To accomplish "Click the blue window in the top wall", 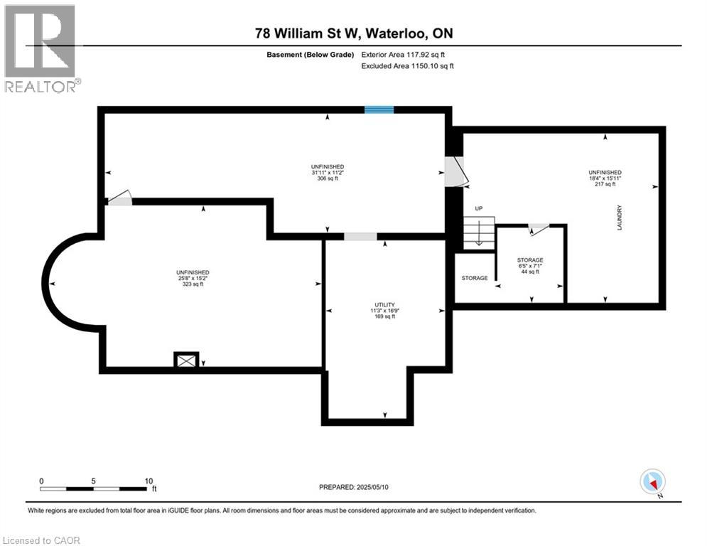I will pos(379,109).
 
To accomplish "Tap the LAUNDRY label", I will pos(620,216).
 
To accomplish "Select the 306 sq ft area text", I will pos(328,178).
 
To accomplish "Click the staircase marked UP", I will pos(479,232).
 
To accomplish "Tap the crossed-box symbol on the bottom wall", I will pos(187,360).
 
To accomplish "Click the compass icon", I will pos(652,482).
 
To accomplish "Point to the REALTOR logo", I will pos(41,48).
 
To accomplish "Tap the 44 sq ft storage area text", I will pos(530,272).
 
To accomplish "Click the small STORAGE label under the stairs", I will pos(475,278).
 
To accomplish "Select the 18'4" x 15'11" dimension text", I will pos(605,178).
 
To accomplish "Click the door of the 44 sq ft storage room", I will pos(539,228).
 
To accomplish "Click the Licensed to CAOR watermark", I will pos(41,540).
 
